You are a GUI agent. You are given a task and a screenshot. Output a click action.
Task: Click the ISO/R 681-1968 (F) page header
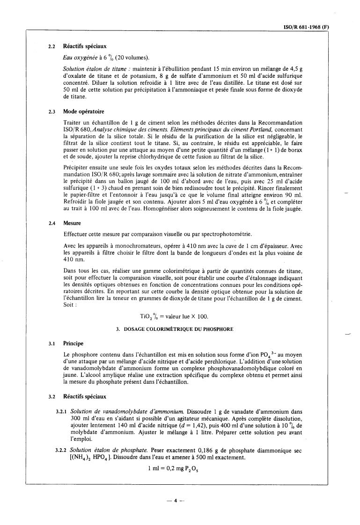[307, 27]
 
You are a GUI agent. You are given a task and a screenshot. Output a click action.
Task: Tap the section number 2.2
[52, 46]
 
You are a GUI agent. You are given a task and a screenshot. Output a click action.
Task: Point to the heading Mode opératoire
[84, 112]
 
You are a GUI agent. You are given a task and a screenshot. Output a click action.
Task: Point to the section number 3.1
[52, 343]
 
